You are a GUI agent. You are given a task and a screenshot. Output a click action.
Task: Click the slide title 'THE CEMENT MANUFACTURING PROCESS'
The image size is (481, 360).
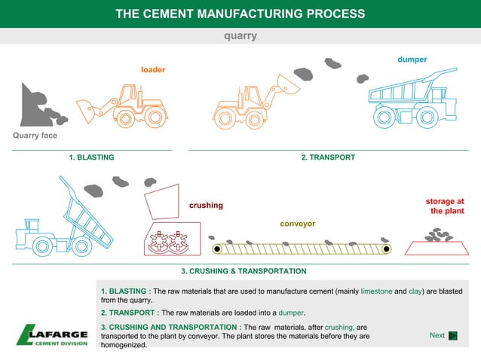tap(240, 14)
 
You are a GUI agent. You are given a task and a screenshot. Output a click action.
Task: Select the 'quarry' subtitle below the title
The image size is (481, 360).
tap(241, 35)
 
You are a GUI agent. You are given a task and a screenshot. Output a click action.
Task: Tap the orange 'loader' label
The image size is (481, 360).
tap(153, 70)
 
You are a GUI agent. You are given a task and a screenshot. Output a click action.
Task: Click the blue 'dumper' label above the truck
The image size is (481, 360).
tap(412, 59)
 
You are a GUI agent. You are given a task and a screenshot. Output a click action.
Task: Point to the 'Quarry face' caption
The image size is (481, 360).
tap(35, 136)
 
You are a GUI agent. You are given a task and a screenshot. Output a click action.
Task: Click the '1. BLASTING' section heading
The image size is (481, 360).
tap(91, 157)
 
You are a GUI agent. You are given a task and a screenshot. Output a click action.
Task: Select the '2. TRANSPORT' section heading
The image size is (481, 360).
tap(328, 157)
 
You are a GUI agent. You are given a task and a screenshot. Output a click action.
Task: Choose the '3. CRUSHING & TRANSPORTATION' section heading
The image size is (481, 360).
tap(244, 270)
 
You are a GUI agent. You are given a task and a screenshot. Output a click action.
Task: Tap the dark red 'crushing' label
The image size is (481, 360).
tap(206, 206)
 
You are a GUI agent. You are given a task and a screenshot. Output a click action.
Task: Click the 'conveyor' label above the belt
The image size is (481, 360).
tap(297, 224)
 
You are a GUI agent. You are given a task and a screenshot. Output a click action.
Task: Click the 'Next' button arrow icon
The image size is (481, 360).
tap(453, 336)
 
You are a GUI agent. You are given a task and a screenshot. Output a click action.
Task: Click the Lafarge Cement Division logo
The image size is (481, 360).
tap(52, 334)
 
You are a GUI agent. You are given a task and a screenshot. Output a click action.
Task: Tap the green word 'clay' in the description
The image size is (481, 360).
tap(416, 291)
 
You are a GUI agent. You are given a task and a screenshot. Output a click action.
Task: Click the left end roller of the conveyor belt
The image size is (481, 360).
tap(217, 249)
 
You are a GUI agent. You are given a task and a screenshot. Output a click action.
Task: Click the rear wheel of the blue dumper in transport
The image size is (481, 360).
tap(427, 116)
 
